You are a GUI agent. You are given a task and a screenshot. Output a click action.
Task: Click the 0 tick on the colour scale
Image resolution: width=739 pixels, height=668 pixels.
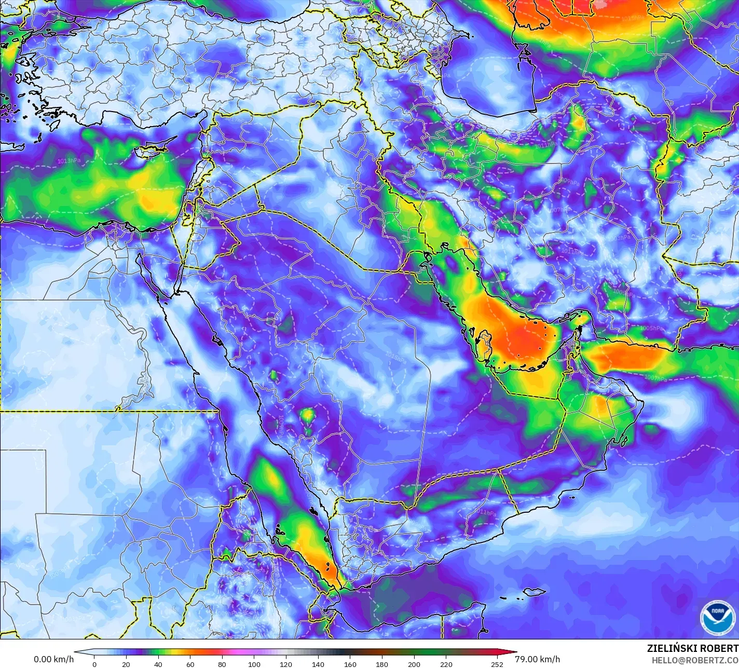pos(94,664)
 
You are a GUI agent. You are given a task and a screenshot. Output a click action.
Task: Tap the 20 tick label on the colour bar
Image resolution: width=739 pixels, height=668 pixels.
pos(126,664)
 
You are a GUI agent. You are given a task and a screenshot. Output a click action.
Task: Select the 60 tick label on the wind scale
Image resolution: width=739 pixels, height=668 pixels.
pos(190,664)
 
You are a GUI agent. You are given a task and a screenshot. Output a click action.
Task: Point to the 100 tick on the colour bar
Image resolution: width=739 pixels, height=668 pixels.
pos(254,664)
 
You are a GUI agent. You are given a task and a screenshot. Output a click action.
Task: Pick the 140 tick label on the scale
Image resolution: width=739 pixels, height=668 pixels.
pos(318,664)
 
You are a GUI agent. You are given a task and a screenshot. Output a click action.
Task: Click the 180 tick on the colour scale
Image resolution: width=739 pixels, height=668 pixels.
pos(382,664)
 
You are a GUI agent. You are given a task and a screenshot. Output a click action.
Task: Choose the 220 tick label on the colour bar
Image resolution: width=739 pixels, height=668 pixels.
pos(446,664)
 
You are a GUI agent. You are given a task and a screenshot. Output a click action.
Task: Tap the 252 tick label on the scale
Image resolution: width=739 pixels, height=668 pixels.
pos(497,664)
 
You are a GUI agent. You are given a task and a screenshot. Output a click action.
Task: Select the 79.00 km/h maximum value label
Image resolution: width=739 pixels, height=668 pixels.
pos(537,659)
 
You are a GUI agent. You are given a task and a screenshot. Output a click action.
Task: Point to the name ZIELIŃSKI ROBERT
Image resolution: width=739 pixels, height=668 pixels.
pos(692,648)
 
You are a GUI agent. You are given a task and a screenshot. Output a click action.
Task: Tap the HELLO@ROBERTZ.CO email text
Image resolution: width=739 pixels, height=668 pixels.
pos(695,659)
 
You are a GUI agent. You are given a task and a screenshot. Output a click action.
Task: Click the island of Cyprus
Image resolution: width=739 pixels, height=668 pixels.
pos(150,152)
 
